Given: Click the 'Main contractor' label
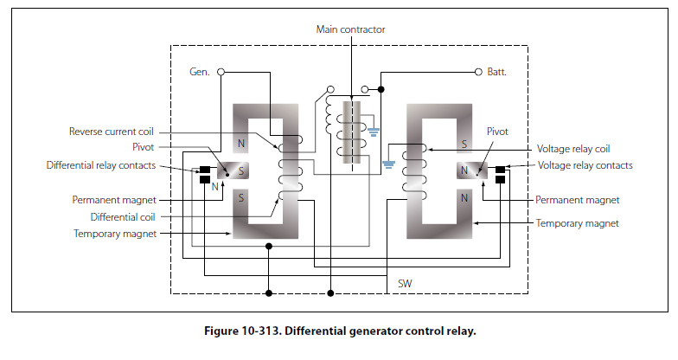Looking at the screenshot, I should coord(350,29).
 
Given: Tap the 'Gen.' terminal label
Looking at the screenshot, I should coord(201,72).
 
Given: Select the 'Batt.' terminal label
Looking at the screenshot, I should coord(496,72).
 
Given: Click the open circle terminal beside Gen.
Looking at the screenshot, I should coord(221,72).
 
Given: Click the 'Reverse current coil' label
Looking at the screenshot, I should coord(112,132).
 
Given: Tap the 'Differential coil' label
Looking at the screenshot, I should coord(124,216).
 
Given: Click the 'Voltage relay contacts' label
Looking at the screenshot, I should coord(585,165).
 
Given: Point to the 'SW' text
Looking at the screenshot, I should coord(404,284).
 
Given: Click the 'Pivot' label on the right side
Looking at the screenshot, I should coord(499,132).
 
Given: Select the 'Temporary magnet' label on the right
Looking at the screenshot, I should coord(578,223).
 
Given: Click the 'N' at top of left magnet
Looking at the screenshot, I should coord(241,144).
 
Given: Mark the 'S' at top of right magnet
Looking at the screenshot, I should coord(464,144).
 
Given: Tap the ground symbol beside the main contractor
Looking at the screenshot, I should coord(374,132).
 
